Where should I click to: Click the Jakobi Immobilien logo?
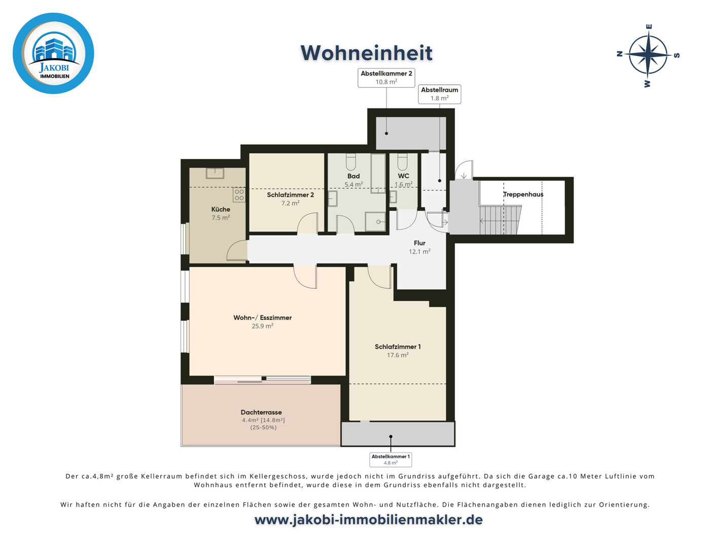point(53,53)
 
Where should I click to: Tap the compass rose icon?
point(649,55)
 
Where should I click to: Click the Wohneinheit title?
point(366,53)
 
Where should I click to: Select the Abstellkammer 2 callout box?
point(386,78)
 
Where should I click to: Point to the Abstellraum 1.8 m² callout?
point(439,94)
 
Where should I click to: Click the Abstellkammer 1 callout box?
point(390,459)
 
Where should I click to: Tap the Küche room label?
point(221,209)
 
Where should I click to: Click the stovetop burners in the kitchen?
point(239,195)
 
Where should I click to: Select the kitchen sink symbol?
point(215,173)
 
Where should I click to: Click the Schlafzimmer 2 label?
point(290,195)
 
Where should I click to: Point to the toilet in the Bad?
point(351,162)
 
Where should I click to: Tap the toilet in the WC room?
point(403,162)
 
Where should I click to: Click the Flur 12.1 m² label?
point(419,247)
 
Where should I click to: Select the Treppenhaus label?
point(523,194)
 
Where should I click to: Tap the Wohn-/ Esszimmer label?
point(262,318)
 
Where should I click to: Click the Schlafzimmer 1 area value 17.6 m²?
point(398,355)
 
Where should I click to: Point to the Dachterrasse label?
point(261,412)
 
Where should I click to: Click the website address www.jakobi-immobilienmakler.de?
point(368,520)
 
